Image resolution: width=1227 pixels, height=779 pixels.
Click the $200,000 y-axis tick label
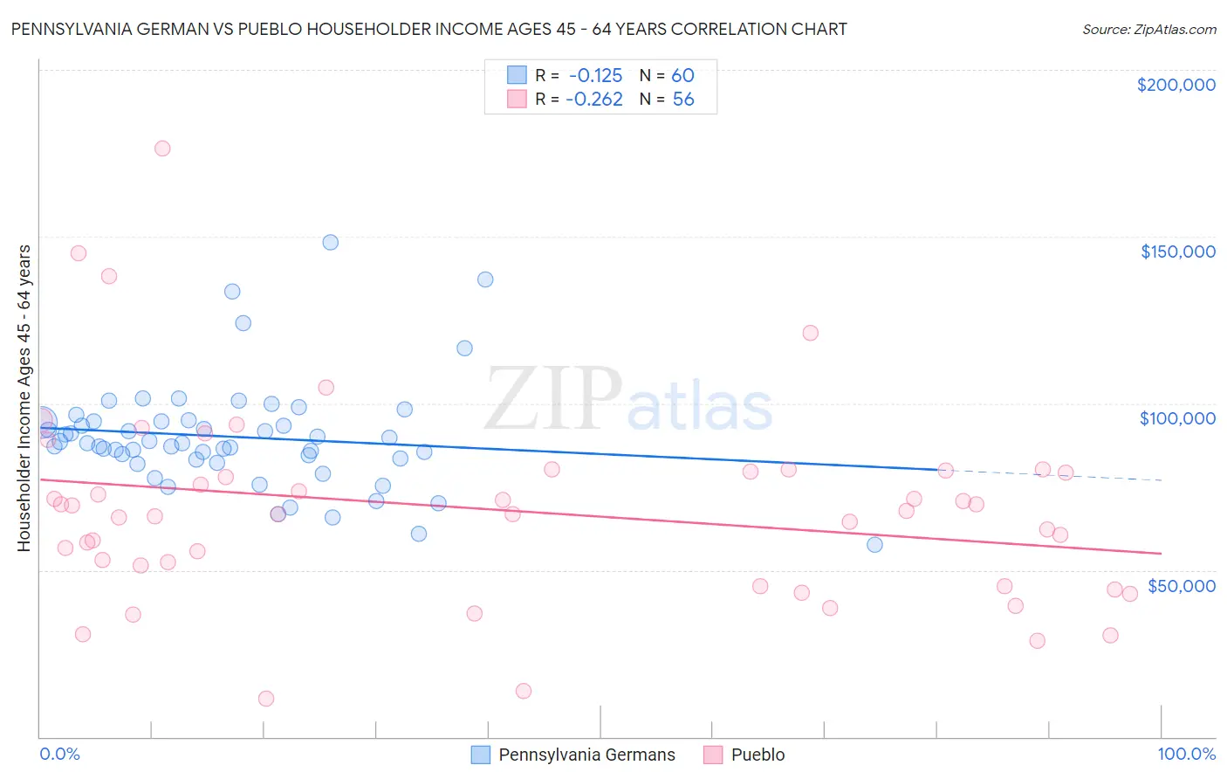click(x=1176, y=85)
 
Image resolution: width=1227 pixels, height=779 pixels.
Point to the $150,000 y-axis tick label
click(x=1177, y=252)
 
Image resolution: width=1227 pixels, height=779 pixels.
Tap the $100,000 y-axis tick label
click(x=1177, y=418)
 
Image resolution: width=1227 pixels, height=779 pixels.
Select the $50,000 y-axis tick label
click(x=1181, y=586)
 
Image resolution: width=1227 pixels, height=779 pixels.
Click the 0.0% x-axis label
click(x=59, y=754)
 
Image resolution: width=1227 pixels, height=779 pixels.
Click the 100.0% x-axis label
click(x=1186, y=754)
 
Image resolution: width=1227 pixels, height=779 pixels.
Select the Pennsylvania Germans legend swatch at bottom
click(x=480, y=755)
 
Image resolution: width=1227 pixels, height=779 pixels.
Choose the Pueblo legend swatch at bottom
click(x=713, y=755)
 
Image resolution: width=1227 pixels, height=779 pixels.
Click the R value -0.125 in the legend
click(x=594, y=75)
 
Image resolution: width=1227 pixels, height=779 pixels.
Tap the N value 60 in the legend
click(x=682, y=75)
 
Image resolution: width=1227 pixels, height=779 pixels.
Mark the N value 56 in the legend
click(x=682, y=100)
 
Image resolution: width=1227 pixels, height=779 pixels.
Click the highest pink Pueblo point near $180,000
click(x=162, y=148)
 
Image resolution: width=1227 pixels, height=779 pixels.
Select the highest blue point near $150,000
click(x=330, y=243)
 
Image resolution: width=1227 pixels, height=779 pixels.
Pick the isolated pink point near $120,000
click(x=810, y=333)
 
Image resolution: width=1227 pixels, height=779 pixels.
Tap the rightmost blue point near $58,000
click(x=874, y=545)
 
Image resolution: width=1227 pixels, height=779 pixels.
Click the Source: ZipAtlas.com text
click(x=1148, y=30)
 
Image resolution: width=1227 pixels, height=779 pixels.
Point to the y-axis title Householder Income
click(x=24, y=397)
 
